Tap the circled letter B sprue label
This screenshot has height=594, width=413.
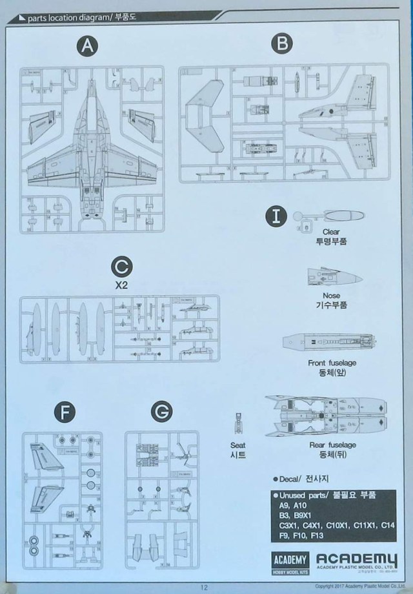pos(280,44)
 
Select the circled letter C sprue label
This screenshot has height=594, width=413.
pos(122,266)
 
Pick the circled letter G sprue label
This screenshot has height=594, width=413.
pos(163,411)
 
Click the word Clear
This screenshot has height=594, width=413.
pos(330,231)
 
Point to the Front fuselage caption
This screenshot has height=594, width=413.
pos(333,363)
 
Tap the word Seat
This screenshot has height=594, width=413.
pos(238,445)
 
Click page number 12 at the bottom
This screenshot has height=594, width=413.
pos(203,587)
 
